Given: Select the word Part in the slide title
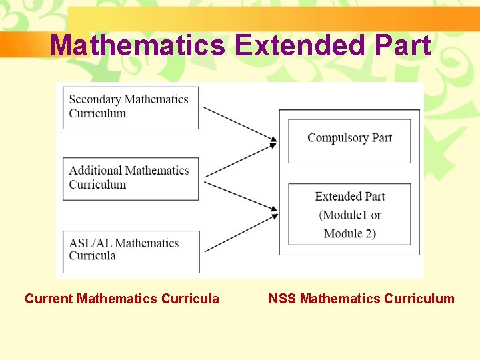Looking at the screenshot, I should point(403,45).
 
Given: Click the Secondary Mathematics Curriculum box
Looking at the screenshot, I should point(131,107).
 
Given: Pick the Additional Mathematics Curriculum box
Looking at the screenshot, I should point(131,178).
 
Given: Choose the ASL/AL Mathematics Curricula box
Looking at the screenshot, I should point(131,251).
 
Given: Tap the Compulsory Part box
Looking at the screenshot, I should point(349,140).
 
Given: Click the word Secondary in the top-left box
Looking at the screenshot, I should point(95,99).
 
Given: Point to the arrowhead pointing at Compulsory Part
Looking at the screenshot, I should point(273,141).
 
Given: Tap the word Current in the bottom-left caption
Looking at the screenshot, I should point(49,299).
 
